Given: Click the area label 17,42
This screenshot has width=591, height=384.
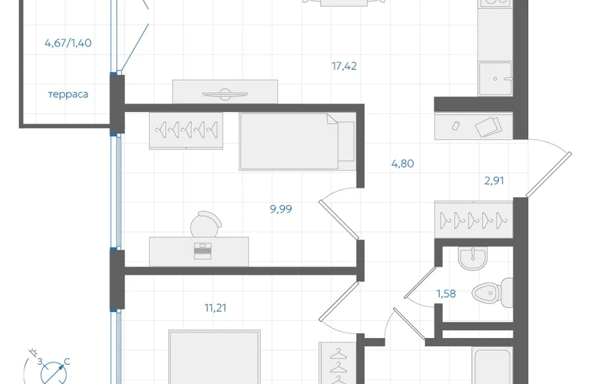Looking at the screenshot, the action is click(x=344, y=66).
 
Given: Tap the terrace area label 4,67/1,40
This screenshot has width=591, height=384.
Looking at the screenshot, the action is click(x=68, y=43).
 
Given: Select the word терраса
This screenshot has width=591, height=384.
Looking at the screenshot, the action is click(x=68, y=94).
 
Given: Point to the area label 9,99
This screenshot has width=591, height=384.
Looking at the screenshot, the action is click(x=281, y=209).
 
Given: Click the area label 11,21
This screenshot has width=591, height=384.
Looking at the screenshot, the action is click(x=215, y=308).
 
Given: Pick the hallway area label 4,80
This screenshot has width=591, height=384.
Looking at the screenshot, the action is click(x=402, y=164).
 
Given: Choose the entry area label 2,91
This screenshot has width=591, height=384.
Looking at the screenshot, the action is click(x=494, y=180).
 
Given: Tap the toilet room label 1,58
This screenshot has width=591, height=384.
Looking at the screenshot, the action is click(x=446, y=293).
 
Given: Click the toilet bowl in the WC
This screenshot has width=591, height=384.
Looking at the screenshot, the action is click(x=492, y=293).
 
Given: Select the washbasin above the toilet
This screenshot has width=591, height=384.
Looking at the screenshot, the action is click(x=473, y=258).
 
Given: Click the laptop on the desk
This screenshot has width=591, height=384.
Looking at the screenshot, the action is click(x=203, y=251).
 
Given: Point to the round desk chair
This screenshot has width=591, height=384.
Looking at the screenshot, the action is click(x=206, y=224).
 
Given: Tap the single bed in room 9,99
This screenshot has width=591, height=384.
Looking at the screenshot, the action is click(x=297, y=141).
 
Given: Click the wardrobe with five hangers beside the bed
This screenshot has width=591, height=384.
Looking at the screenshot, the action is click(x=186, y=131).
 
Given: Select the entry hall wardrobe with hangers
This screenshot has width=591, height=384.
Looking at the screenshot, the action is click(x=474, y=220).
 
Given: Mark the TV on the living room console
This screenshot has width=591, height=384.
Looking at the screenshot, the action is click(x=225, y=94).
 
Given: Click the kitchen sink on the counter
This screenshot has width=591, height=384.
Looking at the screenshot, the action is click(x=495, y=79).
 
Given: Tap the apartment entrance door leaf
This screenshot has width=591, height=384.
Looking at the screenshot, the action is click(x=549, y=174).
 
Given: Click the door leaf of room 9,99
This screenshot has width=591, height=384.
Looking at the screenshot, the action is click(x=338, y=220).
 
